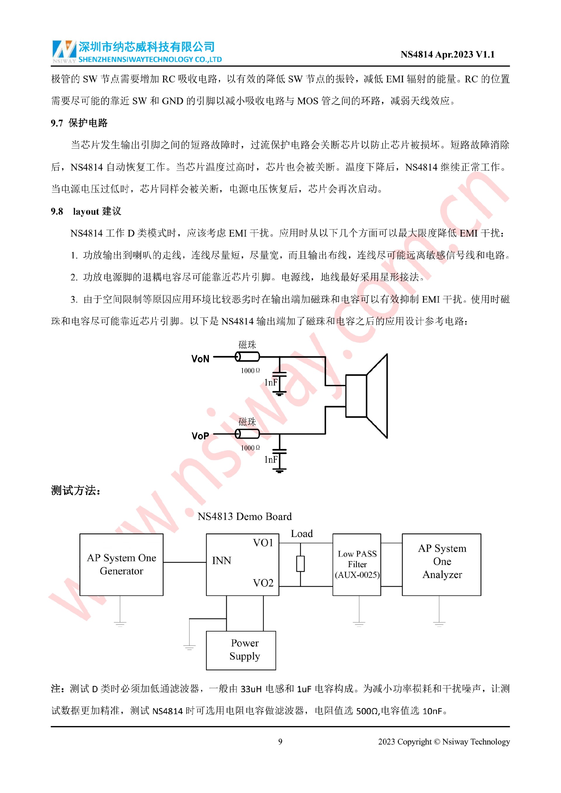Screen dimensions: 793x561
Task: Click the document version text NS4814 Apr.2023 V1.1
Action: point(447,55)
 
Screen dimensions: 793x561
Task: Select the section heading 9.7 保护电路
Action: point(79,123)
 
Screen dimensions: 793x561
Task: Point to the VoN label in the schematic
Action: point(200,359)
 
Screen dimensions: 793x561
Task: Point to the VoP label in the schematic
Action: point(200,436)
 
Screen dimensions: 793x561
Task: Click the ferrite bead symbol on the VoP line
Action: point(247,433)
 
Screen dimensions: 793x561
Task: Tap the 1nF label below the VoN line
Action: point(271,382)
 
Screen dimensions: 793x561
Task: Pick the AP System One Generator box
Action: point(121,565)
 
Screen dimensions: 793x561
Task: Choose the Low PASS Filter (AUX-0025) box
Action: point(356,565)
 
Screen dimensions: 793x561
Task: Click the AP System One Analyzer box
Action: point(441,565)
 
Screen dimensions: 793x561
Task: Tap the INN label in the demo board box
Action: point(221,561)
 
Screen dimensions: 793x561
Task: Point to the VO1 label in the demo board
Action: point(263,543)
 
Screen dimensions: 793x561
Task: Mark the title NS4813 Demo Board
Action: point(245,516)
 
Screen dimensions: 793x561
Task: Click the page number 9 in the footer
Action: point(280,742)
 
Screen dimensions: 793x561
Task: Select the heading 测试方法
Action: point(76,490)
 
